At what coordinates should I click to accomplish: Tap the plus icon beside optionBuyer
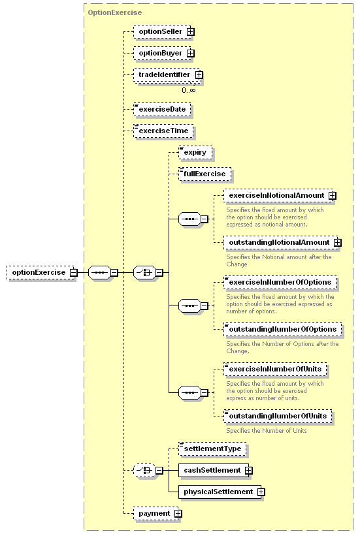(191, 53)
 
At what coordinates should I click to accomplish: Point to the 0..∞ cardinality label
(189, 90)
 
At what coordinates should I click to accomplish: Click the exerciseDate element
(162, 109)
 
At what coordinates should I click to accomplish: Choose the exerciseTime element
(163, 131)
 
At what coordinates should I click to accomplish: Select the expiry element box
(195, 152)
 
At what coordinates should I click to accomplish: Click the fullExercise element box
(205, 174)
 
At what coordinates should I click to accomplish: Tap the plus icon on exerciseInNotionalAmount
(332, 195)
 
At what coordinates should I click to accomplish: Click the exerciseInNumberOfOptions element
(280, 282)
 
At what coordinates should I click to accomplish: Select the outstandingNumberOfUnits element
(278, 416)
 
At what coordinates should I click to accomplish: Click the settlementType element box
(212, 449)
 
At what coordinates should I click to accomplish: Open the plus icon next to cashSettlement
(249, 470)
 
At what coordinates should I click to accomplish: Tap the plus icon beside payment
(178, 514)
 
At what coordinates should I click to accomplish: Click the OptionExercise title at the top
(115, 12)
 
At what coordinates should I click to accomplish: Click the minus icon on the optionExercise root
(74, 272)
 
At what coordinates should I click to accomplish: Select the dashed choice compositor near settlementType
(144, 470)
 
